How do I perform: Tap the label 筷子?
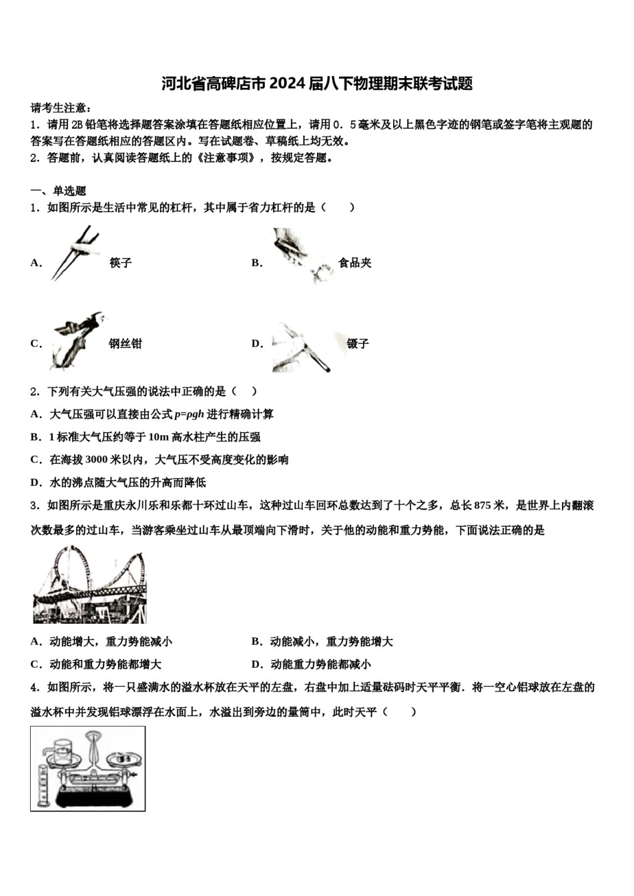121,263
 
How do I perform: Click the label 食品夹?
354,263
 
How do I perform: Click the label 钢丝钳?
125,344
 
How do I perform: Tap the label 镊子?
358,344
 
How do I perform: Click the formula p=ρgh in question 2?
189,415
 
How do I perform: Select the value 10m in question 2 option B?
158,437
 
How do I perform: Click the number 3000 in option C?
96,460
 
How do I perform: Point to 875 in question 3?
482,505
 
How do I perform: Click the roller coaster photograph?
89,585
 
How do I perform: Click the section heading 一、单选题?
58,191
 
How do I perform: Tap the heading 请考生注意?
61,108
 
